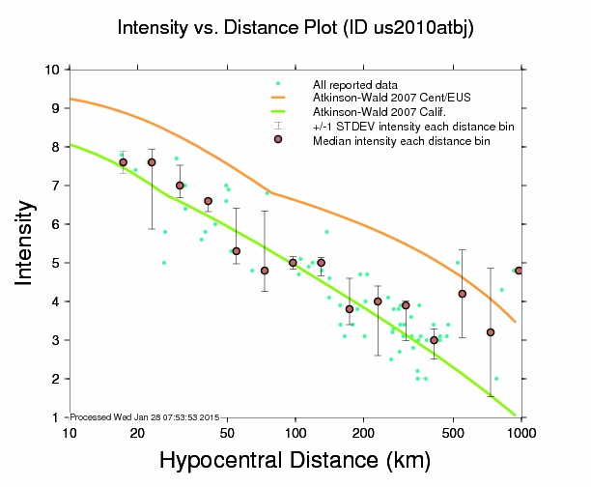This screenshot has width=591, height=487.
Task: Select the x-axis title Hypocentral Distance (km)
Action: click(295, 461)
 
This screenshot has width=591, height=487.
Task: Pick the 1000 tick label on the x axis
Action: click(522, 433)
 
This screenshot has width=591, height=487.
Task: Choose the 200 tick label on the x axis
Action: click(363, 433)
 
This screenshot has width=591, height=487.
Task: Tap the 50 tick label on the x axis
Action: click(227, 433)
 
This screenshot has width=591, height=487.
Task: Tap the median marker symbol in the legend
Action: click(278, 140)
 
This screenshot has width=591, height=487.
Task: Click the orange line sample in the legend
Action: click(278, 100)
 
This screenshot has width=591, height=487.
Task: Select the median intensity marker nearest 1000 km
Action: click(519, 271)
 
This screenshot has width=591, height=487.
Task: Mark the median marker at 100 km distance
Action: click(293, 263)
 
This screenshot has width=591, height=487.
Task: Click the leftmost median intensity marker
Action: click(124, 162)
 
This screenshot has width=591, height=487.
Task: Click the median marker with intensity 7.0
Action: click(180, 186)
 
